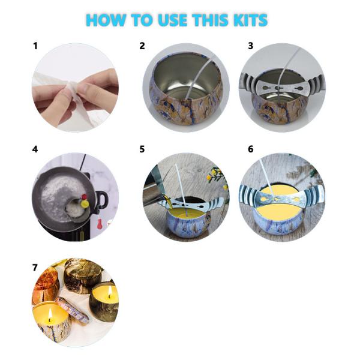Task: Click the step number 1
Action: point(35,46)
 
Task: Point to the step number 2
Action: point(142,46)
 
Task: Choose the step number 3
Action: point(250,46)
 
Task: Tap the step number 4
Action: point(35,149)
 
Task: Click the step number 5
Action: point(142,149)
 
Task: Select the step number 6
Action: point(250,149)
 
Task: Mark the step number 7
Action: point(35,268)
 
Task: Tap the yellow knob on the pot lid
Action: point(85,203)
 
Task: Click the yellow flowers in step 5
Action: point(217,176)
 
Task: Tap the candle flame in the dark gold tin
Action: point(110,292)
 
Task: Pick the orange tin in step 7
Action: point(45,284)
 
